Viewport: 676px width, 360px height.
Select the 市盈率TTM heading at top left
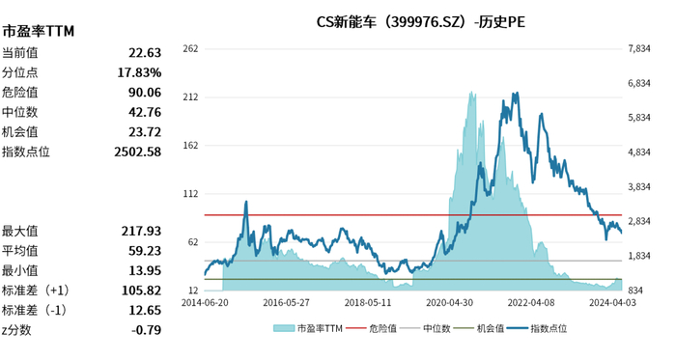(39, 31)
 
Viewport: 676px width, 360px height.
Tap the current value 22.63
(144, 53)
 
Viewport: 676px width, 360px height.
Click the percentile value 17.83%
(140, 72)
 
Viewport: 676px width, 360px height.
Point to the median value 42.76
(144, 112)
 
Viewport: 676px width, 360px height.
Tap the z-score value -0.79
(146, 330)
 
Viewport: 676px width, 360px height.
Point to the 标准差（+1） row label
(35, 291)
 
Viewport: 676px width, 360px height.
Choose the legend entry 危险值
(382, 328)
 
